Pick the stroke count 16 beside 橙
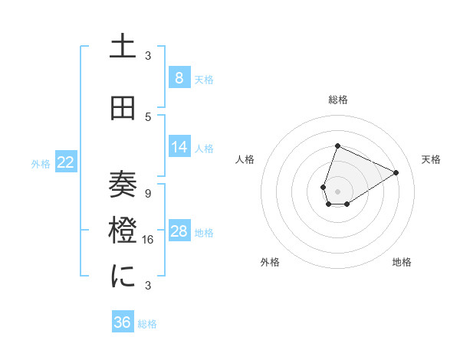(149, 239)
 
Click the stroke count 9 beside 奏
(148, 193)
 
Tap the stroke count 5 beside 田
(148, 116)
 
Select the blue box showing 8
(179, 78)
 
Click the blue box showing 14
(179, 147)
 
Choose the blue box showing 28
(179, 231)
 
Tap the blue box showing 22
(66, 162)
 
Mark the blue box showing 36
(123, 322)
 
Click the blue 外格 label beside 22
(40, 163)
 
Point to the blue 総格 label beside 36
(147, 324)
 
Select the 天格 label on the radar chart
(431, 159)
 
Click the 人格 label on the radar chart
(245, 159)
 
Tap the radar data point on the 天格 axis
(396, 172)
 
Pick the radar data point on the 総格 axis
(337, 146)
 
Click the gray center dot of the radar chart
(337, 191)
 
